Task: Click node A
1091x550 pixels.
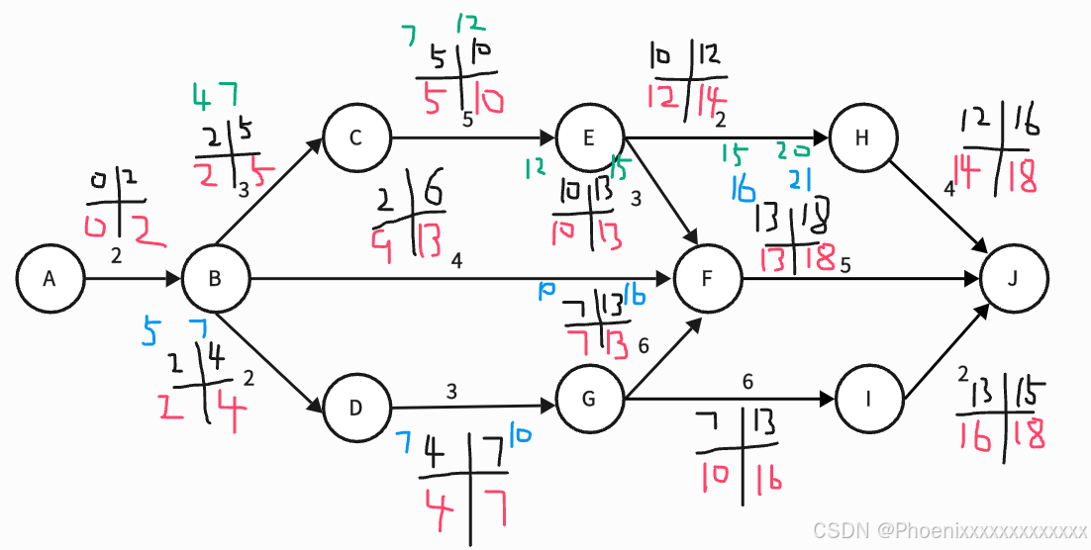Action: click(x=50, y=280)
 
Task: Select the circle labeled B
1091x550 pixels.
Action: click(x=215, y=280)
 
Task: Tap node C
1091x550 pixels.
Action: click(x=356, y=137)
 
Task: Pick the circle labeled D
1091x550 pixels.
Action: click(x=356, y=407)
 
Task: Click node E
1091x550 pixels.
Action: click(x=590, y=137)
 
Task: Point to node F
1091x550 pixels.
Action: click(x=707, y=280)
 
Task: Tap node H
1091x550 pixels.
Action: click(x=862, y=137)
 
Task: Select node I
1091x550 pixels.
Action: click(x=870, y=401)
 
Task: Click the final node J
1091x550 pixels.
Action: click(x=1013, y=280)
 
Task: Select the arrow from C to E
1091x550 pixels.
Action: click(x=473, y=137)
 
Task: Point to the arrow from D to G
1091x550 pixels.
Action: click(x=473, y=406)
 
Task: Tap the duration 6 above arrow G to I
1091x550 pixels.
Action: click(x=747, y=381)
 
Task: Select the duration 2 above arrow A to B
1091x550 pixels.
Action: click(x=117, y=257)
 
